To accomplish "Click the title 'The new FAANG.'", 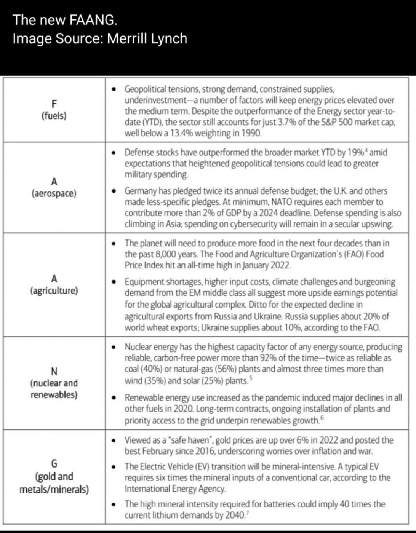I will tap(65, 20).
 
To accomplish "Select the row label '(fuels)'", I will tap(54, 115).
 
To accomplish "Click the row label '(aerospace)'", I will tap(54, 193).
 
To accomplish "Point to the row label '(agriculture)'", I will tap(54, 290).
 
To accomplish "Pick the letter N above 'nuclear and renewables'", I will tap(54, 371).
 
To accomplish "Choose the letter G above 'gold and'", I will tap(54, 464).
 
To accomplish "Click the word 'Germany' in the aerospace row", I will tap(141, 191).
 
